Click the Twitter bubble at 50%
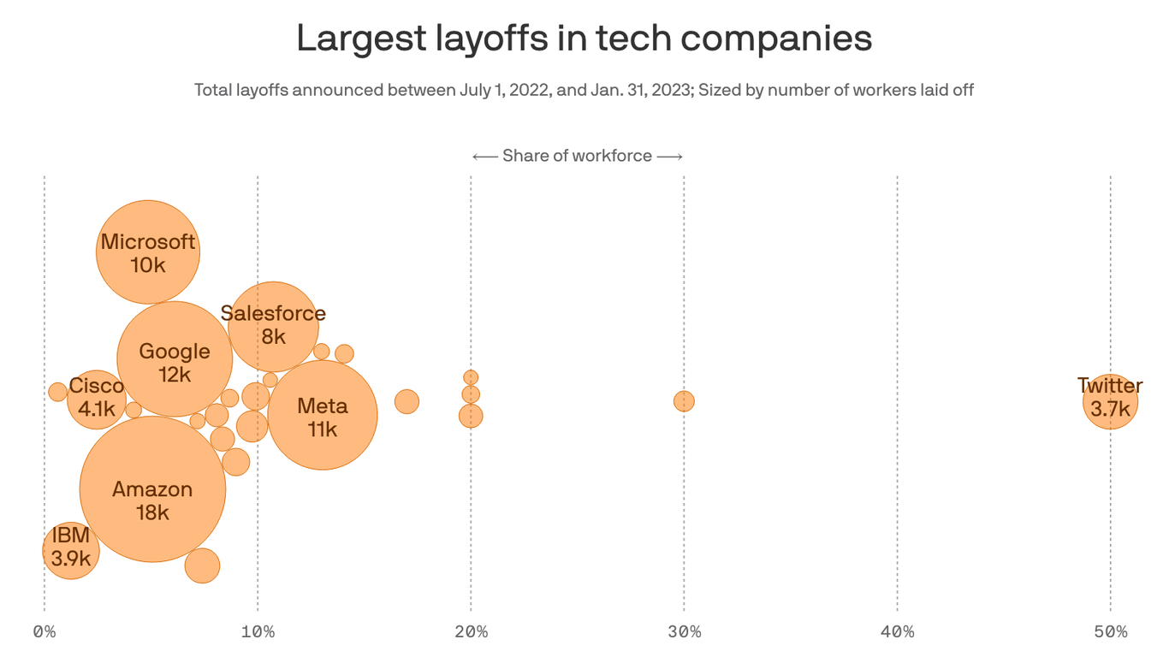1110,401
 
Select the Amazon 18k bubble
152,489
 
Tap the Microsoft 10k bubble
148,252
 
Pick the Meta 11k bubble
323,415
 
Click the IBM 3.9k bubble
71,551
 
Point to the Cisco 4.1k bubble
97,400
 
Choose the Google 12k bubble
175,359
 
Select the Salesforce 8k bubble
274,326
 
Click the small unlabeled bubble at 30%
684,401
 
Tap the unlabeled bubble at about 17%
407,401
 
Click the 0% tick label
45,632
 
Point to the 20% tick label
471,632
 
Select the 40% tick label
897,632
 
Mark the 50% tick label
1110,632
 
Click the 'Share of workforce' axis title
577,156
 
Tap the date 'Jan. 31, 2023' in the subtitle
639,90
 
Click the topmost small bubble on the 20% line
471,377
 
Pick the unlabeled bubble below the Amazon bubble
202,565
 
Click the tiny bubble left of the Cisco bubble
57,392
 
